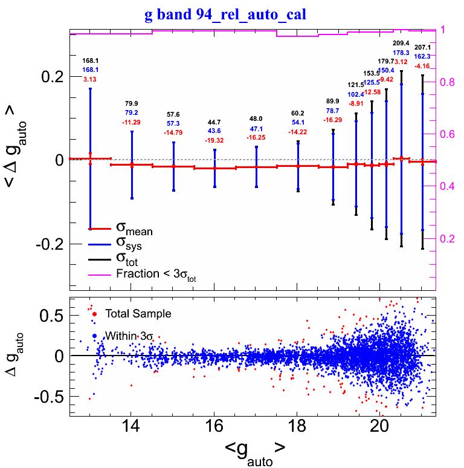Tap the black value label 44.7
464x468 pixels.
point(215,122)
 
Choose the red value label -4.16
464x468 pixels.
point(422,65)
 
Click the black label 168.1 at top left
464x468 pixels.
point(91,60)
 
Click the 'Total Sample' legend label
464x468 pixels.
point(138,314)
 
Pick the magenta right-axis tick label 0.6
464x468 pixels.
point(449,134)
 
